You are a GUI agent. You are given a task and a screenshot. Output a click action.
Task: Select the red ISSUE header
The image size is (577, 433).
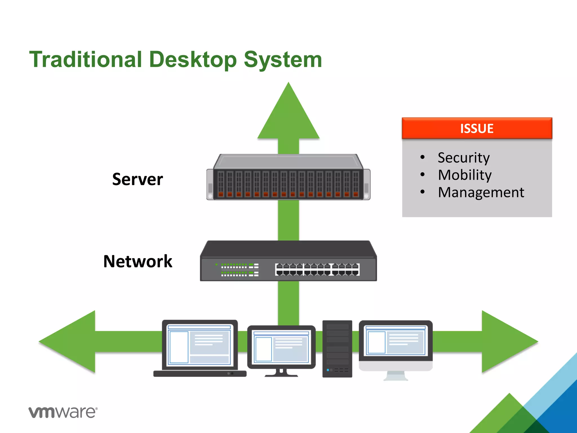(477, 128)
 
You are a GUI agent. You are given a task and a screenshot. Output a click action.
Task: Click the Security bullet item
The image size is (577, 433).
(463, 158)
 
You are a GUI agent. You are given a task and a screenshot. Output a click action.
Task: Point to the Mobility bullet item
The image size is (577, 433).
(465, 175)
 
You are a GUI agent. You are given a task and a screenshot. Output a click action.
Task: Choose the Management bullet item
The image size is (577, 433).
(481, 193)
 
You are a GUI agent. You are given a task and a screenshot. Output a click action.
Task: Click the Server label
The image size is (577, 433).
(137, 179)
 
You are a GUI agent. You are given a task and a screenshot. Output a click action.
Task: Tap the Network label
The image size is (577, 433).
(137, 261)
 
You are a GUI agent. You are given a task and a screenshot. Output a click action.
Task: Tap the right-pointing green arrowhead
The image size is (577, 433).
(507, 342)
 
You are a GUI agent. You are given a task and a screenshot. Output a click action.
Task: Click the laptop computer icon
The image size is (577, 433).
(199, 348)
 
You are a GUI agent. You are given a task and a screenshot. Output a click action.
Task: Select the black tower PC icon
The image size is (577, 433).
(337, 349)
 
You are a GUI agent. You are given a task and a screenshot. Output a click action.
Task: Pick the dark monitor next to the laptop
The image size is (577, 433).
(281, 350)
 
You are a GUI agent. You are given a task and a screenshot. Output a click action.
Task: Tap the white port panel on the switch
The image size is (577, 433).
(317, 269)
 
